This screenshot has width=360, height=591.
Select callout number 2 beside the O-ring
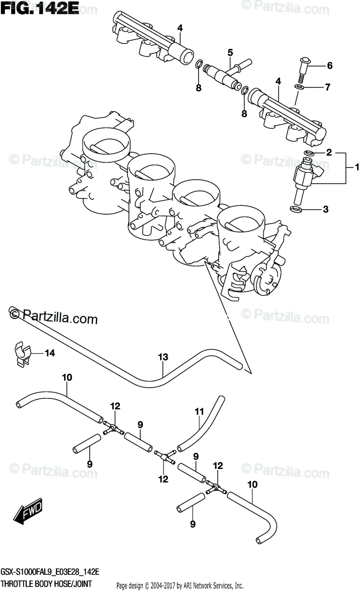328,153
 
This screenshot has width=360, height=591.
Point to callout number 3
326,209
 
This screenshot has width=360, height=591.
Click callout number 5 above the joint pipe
229,52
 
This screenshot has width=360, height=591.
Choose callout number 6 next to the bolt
329,66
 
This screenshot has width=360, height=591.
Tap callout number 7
327,88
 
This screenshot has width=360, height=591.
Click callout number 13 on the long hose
163,358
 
